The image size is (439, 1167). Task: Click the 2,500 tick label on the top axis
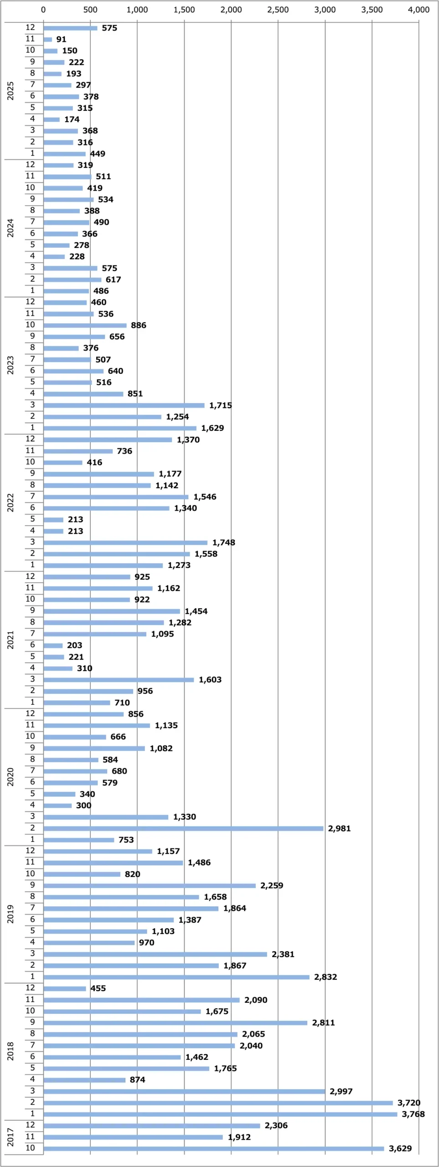point(278,10)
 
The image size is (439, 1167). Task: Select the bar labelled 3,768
point(220,1114)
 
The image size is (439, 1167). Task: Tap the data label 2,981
point(339,828)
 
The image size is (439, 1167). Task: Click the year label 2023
point(10,365)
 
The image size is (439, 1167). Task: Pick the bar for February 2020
point(183,828)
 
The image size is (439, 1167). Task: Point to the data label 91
point(61,40)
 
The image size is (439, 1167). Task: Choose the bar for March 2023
point(124,405)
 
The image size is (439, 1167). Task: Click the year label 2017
point(10,1137)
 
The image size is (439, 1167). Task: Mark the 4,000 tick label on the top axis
point(418,10)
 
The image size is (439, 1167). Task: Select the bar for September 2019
point(150,885)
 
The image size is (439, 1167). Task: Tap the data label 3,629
point(400,1148)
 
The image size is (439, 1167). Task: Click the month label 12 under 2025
point(30,27)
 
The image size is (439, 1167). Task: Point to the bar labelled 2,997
point(184,1091)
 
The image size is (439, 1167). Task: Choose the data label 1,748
point(223,542)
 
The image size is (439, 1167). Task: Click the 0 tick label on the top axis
point(43,10)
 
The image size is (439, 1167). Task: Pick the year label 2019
point(10,914)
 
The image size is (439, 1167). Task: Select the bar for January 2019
point(176,977)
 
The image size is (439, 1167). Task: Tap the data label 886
point(138,325)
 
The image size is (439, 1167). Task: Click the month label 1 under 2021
point(32,702)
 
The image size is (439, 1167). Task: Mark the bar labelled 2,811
point(176,1022)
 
